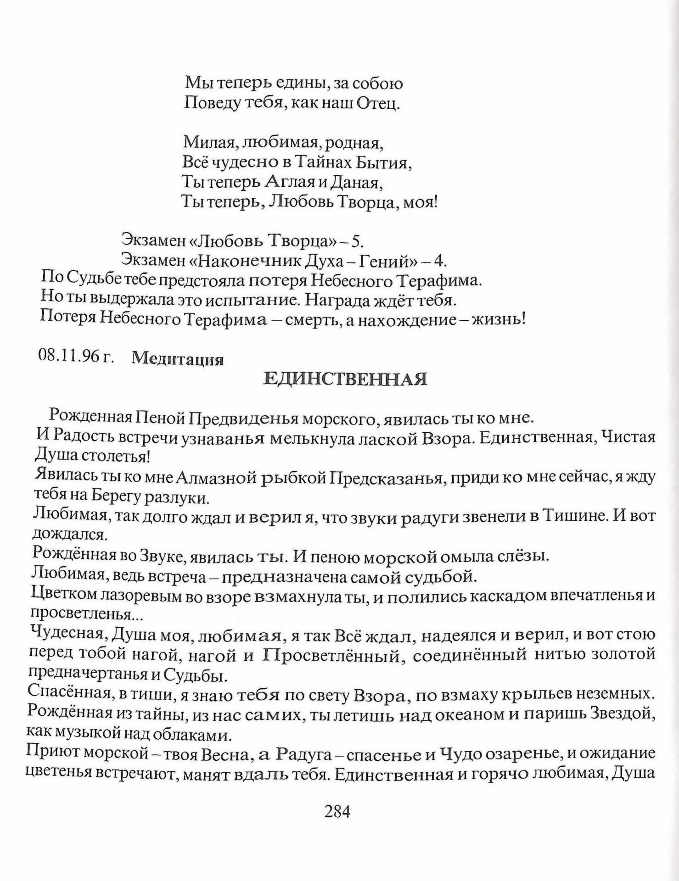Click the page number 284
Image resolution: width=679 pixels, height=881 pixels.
point(337,812)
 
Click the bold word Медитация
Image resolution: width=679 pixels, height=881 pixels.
point(178,359)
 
